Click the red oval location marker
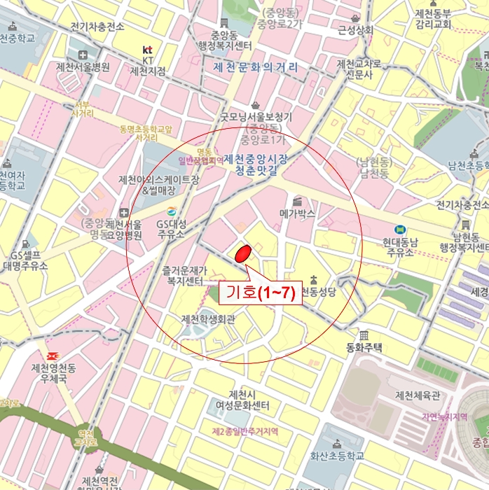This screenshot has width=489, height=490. coord(242,255)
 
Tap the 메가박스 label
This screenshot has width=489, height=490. coord(297,213)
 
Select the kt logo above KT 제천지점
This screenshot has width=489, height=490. coord(147,50)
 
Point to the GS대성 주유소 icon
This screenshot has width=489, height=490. coord(171,212)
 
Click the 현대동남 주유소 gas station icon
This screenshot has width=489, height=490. coord(399,229)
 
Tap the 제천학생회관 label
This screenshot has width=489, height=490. coord(208,319)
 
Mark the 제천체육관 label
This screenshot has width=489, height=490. coord(418,395)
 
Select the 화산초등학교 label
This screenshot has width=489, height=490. coord(337,455)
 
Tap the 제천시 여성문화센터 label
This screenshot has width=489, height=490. coord(239,400)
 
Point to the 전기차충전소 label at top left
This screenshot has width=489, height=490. coord(97,27)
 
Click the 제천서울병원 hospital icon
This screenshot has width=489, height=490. coord(83,55)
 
